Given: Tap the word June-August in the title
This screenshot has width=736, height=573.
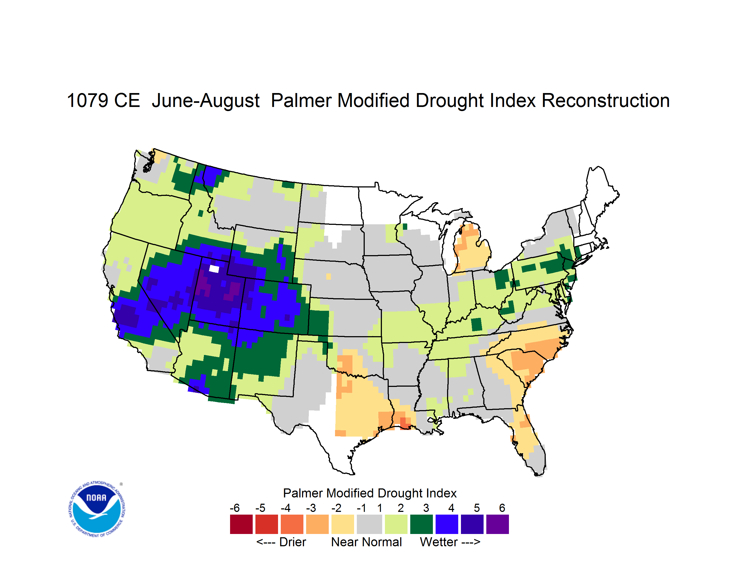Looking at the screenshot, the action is (206, 101).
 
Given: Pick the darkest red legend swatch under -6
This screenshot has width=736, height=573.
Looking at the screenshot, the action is (241, 524).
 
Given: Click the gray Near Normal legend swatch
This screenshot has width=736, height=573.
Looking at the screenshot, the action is (369, 524).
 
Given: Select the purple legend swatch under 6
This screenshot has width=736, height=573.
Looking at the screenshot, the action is (497, 524).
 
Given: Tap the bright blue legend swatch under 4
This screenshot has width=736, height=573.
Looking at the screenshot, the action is (447, 524).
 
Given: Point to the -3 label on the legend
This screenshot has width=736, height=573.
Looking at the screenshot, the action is (311, 508).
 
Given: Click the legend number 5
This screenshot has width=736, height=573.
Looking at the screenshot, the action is (477, 508).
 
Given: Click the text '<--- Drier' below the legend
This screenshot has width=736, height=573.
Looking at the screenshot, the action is (281, 542).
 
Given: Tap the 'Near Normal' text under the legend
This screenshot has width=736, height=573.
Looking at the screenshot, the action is (367, 542).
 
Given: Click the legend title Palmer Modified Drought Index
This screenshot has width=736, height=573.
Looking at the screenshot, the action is (370, 493).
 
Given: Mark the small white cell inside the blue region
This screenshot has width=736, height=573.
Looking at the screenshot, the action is (214, 269).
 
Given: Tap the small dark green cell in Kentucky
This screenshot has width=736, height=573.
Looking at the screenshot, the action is (476, 324).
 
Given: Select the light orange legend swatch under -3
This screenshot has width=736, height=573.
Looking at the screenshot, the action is (317, 524).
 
